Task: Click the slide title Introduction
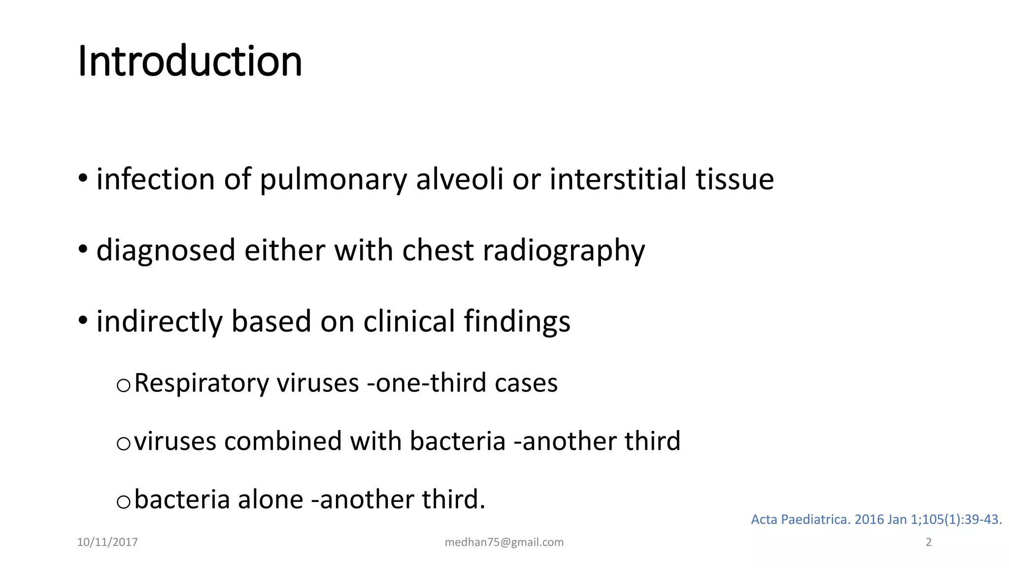(190, 61)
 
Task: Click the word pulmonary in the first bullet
(333, 179)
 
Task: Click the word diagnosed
(166, 250)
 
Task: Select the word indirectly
(159, 321)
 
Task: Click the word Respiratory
(202, 383)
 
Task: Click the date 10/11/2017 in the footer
(107, 542)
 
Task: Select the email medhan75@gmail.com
(504, 542)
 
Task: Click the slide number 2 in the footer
(929, 542)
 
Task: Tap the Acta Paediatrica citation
(876, 519)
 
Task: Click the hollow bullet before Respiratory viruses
(123, 385)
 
